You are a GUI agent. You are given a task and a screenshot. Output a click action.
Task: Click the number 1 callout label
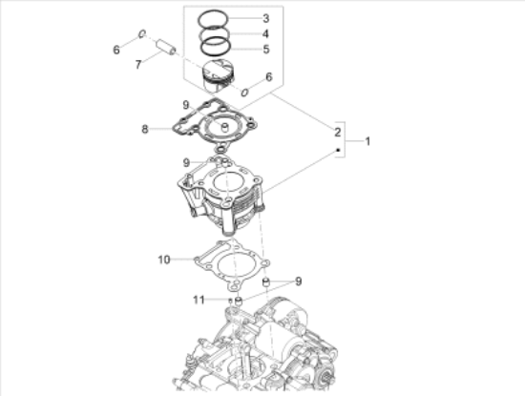367,141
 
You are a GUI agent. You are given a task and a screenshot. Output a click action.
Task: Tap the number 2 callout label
338,133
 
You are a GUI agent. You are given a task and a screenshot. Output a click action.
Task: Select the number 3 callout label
266,18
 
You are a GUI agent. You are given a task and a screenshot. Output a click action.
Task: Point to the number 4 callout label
266,33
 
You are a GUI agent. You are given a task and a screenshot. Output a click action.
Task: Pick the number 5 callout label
266,50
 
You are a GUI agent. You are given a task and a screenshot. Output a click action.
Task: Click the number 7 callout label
138,65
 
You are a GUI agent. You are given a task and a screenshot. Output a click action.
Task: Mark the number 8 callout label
145,129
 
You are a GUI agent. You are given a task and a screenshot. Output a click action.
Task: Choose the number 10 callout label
164,260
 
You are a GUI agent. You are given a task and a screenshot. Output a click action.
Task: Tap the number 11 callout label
199,300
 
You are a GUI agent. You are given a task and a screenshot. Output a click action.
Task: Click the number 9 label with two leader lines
299,281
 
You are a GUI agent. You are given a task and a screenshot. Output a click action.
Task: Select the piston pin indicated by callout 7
165,47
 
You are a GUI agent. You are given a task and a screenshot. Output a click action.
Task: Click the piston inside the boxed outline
218,76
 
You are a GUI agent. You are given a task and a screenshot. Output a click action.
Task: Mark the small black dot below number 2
338,150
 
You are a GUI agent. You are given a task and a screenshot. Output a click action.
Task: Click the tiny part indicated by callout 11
230,300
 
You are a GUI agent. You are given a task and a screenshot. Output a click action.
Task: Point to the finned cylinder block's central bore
227,182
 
